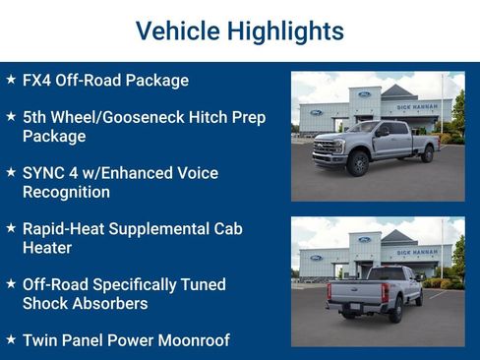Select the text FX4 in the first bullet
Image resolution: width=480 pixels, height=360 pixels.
[x=39, y=81]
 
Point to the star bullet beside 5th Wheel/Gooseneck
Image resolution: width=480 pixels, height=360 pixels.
[x=11, y=117]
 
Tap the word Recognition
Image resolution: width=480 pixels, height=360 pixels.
[x=67, y=192]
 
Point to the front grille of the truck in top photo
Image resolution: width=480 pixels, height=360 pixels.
[x=327, y=150]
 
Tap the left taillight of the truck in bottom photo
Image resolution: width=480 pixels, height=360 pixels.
[x=330, y=292]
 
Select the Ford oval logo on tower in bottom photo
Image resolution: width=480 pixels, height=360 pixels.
[x=365, y=239]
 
